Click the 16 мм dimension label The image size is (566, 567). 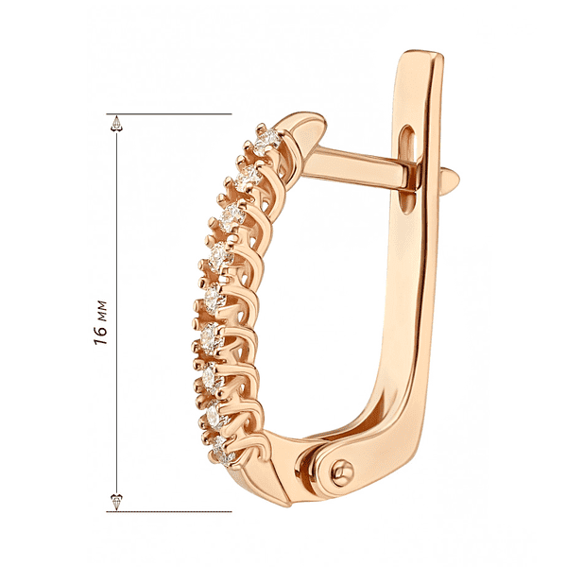100,322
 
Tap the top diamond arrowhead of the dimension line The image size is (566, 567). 116,123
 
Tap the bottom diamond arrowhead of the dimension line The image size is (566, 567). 116,502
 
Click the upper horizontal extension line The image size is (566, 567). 169,114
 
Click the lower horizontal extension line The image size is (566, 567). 169,511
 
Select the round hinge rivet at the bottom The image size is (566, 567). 342,472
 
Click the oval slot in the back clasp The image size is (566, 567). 407,169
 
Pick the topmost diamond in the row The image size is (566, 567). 267,140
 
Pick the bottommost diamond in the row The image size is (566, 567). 222,451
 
